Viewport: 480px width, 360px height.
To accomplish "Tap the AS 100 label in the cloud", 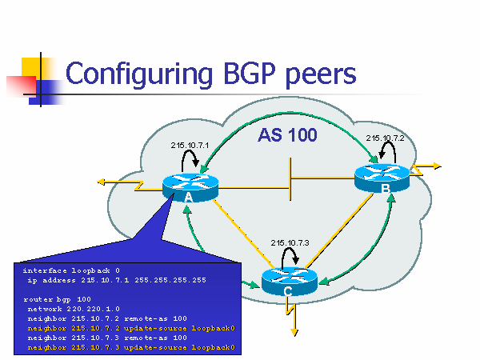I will (x=287, y=135).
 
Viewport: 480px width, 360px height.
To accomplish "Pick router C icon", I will (x=289, y=279).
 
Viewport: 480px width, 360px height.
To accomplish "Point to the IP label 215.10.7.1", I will (x=190, y=145).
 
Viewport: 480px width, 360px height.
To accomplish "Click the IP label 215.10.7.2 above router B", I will (x=386, y=138).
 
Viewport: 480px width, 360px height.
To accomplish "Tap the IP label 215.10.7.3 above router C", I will (x=290, y=242).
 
